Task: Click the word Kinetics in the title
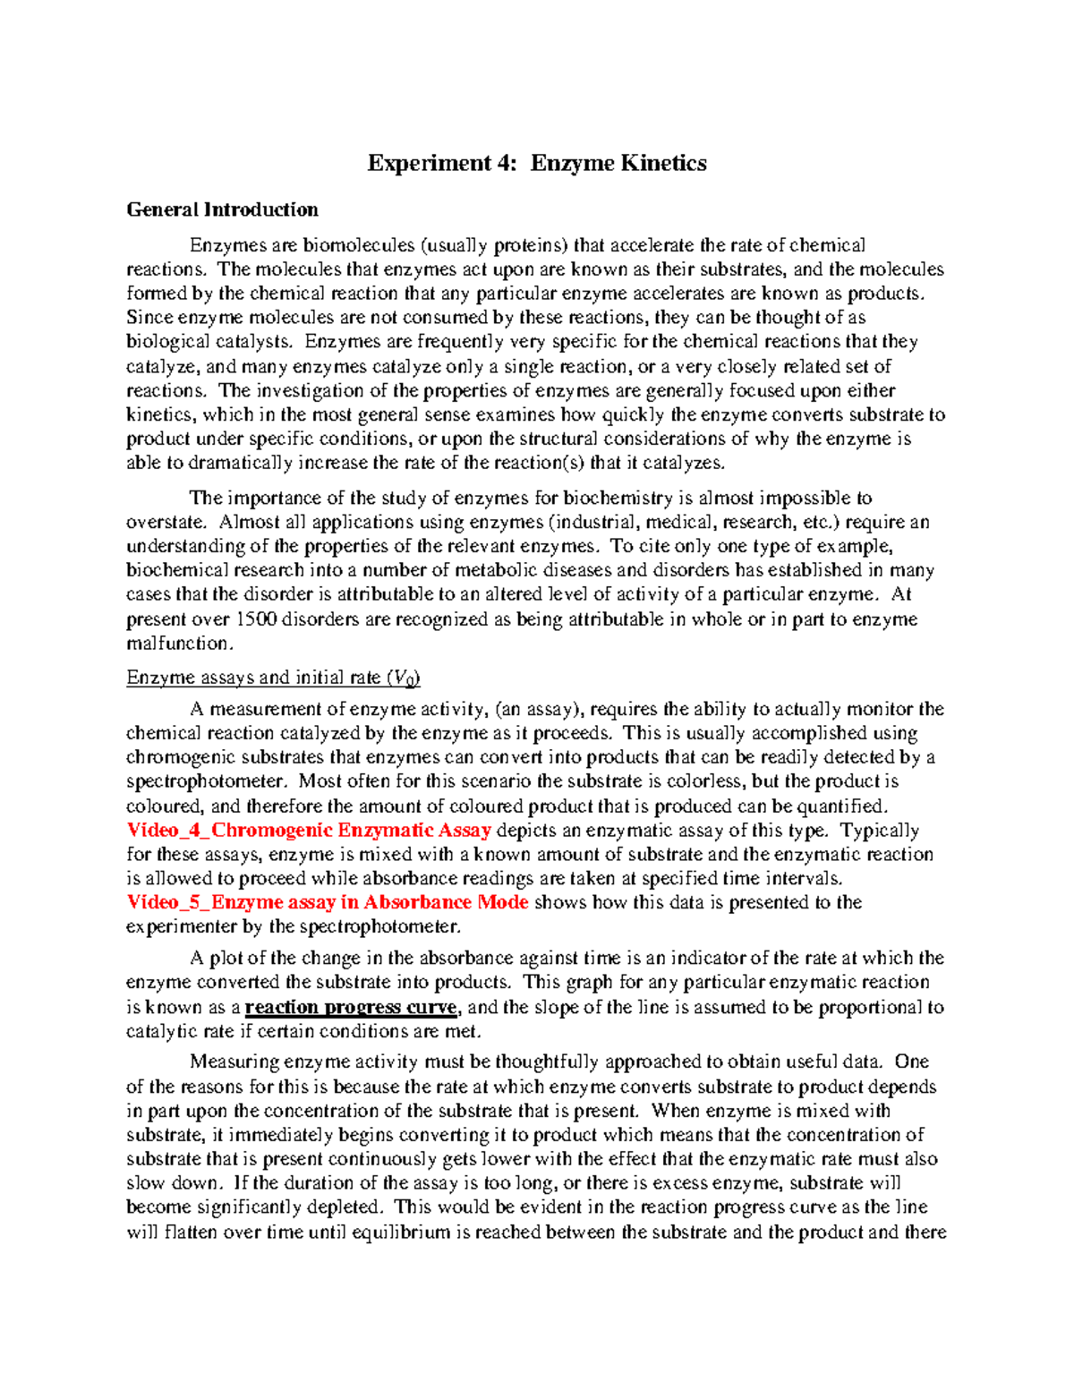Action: point(663,163)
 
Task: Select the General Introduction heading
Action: point(222,209)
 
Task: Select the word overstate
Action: point(166,522)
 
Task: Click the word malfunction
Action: point(180,644)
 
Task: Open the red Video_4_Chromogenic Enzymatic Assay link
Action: point(309,831)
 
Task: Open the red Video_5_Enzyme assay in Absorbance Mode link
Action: point(328,902)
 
